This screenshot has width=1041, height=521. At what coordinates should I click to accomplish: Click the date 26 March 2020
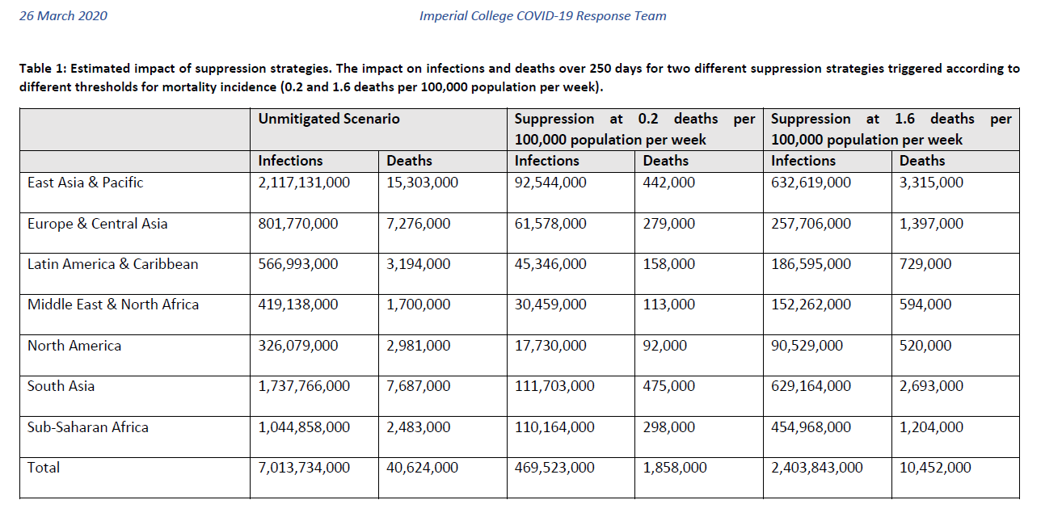(63, 16)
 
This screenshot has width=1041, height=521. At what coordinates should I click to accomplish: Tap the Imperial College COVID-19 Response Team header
(543, 16)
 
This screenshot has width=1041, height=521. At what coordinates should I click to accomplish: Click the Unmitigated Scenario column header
(329, 119)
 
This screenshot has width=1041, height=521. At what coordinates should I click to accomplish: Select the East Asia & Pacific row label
(85, 183)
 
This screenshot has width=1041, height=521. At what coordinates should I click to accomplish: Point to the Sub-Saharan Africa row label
(88, 427)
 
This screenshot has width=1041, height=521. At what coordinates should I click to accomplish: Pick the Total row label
(44, 468)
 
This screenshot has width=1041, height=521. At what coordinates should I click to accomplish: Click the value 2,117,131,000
(304, 183)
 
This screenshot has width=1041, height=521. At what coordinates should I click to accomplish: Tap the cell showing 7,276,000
(419, 224)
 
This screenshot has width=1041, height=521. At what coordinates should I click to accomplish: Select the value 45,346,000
(550, 264)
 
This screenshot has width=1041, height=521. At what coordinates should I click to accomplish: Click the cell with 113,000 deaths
(668, 305)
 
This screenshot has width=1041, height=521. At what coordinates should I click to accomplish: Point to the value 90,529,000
(807, 346)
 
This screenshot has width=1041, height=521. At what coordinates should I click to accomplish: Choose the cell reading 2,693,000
(931, 386)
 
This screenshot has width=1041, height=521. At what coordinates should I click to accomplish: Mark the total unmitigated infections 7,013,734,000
(304, 468)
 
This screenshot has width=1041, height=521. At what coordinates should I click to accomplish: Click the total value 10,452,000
(935, 468)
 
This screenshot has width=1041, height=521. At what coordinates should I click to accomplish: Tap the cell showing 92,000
(664, 346)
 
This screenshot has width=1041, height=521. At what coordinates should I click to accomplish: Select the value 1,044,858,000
(304, 427)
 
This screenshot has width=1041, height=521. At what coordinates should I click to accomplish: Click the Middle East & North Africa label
(113, 305)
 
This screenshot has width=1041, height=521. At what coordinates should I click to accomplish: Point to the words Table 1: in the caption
(43, 69)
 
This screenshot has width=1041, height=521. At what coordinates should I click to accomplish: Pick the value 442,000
(668, 183)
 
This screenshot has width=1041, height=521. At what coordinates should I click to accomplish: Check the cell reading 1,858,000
(675, 468)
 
